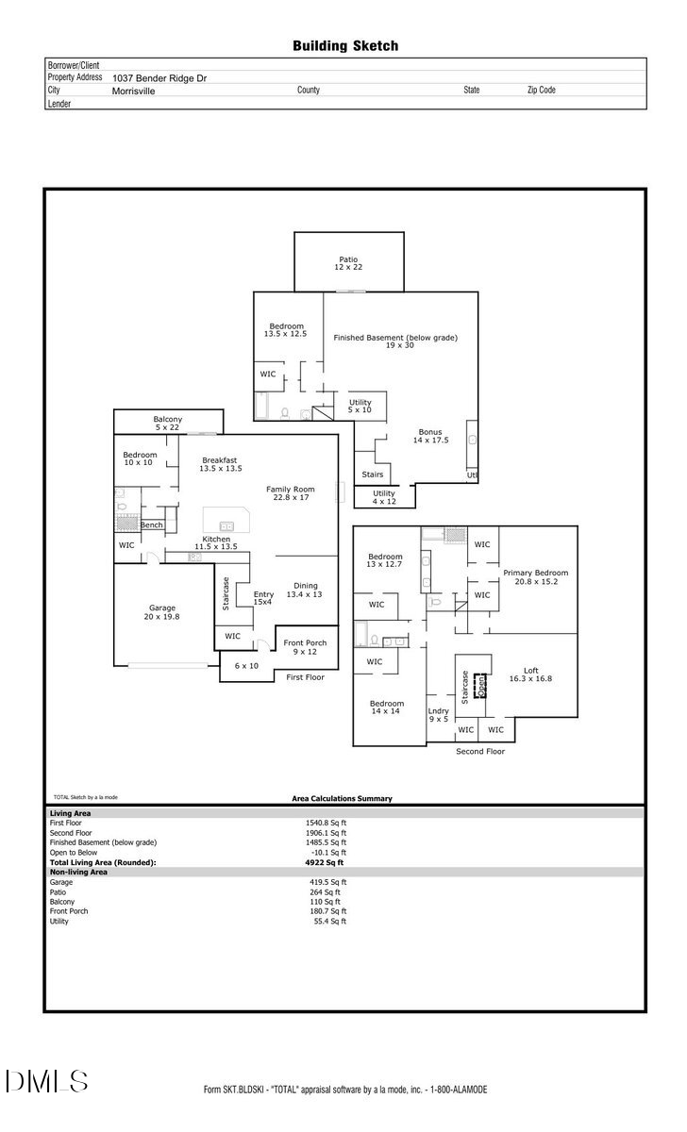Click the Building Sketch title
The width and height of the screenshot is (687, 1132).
344,45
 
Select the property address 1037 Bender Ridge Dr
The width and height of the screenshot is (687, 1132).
159,78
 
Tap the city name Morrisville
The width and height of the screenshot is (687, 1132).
134,92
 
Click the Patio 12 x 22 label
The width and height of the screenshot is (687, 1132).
348,263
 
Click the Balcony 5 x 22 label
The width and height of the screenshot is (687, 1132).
168,424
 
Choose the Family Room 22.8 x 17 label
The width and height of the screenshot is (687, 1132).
290,493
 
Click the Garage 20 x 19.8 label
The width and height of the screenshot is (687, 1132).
162,612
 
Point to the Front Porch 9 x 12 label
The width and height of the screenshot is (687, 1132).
305,647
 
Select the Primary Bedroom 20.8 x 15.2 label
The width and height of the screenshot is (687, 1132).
535,577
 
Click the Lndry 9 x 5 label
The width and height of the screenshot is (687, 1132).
438,715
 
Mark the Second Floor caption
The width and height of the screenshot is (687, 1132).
480,752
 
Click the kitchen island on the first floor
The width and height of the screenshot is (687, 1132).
226,524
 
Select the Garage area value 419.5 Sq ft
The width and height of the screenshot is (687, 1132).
329,882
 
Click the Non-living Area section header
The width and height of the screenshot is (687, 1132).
78,872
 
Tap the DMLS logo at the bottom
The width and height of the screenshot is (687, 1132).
47,1081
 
